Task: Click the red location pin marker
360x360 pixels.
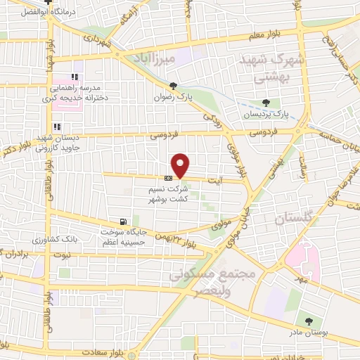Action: coord(181,165)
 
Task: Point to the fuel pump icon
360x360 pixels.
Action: coord(124,220)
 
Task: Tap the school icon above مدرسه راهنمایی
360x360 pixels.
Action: coord(75,77)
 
